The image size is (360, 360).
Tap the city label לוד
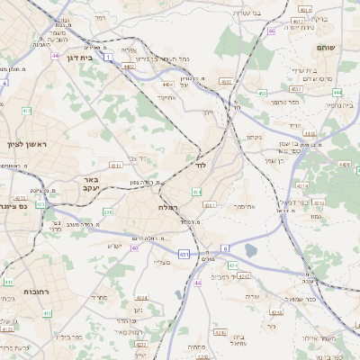(200, 166)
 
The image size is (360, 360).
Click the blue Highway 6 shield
(223, 247)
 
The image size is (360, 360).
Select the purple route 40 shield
(134, 247)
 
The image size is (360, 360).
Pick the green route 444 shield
(309, 133)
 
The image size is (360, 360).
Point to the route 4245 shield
(220, 334)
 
